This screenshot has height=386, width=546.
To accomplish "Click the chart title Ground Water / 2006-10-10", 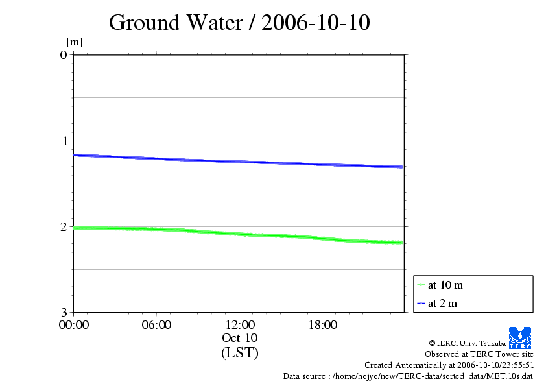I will [x=239, y=23].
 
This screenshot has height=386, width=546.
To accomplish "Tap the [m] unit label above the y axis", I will [x=75, y=43].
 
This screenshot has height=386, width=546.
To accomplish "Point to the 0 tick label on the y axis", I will [x=64, y=54].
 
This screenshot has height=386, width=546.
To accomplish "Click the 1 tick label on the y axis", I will [x=64, y=141].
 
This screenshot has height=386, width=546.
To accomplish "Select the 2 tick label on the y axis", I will [x=64, y=226].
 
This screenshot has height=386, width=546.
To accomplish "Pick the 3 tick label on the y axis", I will [x=64, y=312].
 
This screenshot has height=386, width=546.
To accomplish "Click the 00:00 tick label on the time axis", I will [x=74, y=325].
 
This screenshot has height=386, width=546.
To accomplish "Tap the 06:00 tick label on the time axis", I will [x=156, y=325].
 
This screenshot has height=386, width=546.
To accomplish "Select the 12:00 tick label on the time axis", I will [x=239, y=325].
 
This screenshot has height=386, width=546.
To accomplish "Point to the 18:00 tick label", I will [x=322, y=325].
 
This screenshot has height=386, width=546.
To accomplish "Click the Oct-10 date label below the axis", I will [x=239, y=338].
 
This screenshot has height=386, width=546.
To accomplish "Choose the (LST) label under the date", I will [x=239, y=353].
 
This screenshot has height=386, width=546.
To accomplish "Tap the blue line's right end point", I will [x=403, y=167].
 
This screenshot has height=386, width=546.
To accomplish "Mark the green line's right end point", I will [x=403, y=243].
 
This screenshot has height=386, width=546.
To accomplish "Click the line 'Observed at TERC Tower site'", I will [x=479, y=354].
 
